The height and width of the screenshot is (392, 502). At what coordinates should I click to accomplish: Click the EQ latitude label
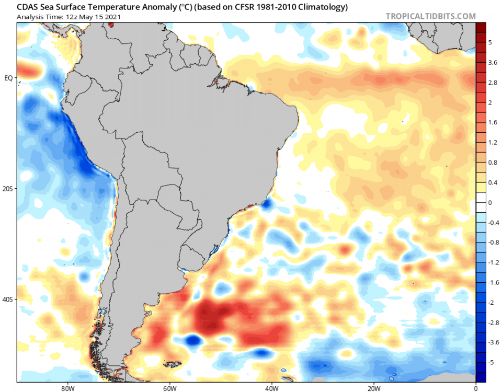8,78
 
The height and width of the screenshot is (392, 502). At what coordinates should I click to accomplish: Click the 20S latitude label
8,189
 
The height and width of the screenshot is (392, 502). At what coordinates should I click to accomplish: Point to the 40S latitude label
8,299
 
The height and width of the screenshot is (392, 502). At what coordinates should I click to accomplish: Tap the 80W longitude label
66,388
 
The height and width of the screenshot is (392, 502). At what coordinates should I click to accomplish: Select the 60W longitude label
169,388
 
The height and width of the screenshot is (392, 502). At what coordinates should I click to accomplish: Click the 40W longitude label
271,388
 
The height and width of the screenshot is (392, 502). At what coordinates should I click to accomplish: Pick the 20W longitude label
373,388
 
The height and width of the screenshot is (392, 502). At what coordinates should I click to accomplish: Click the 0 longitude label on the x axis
475,388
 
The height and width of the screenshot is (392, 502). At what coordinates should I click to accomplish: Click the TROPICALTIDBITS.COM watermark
430,16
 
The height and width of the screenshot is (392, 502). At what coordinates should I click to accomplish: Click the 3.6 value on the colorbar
493,63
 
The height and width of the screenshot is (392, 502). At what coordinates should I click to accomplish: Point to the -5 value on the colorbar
491,362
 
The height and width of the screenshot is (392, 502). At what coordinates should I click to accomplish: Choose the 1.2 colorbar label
493,142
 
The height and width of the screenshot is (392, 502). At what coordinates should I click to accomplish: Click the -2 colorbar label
491,302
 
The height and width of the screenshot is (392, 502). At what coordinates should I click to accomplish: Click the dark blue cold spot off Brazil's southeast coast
268,205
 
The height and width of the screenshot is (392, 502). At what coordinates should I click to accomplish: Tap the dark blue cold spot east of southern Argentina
193,341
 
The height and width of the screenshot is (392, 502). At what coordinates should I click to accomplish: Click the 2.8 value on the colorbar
493,83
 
